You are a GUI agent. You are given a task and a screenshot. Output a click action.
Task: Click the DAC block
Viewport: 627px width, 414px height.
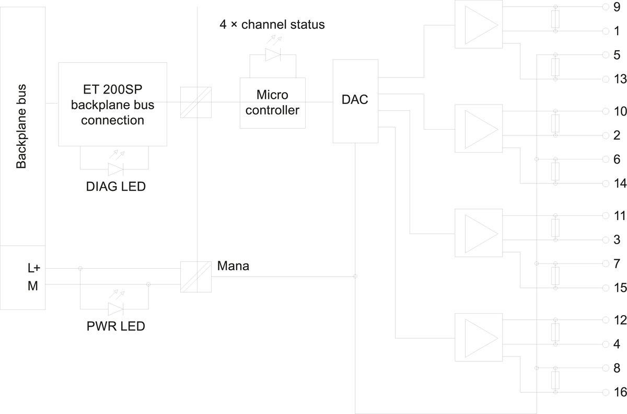click(x=355, y=101)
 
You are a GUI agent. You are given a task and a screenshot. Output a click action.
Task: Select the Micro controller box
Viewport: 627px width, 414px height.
click(x=272, y=103)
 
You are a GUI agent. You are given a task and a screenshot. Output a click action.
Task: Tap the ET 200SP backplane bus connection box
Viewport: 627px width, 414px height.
click(x=112, y=105)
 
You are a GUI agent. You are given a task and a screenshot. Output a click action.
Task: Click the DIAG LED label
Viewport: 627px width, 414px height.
click(x=115, y=186)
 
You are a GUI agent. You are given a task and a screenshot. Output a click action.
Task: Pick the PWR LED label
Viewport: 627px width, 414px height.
click(x=115, y=327)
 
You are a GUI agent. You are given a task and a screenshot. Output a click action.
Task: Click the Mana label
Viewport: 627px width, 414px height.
click(x=234, y=266)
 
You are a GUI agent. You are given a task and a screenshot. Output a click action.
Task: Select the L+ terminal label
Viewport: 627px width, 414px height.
click(x=34, y=268)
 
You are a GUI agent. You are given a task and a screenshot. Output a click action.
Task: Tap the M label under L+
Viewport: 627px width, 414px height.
click(x=33, y=285)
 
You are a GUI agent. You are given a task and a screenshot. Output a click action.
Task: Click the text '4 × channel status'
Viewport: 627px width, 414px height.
click(x=272, y=25)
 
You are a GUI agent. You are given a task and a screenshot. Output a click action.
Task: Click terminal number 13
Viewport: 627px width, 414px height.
click(x=620, y=79)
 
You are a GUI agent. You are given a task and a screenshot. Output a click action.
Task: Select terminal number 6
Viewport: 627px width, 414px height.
click(x=617, y=159)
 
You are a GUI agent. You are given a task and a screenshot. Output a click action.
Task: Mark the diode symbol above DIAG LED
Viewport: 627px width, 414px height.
click(x=115, y=169)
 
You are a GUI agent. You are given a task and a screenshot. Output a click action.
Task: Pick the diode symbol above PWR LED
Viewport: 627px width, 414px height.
click(x=115, y=308)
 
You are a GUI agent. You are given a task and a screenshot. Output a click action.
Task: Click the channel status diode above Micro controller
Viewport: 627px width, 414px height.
click(x=273, y=55)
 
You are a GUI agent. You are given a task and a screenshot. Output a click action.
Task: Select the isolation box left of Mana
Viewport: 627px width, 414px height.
click(x=195, y=277)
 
